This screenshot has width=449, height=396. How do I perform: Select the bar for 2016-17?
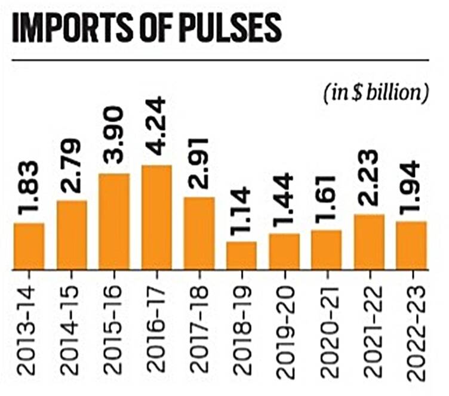156,217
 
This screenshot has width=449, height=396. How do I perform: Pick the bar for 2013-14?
29,246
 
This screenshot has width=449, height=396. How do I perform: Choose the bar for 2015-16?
114,221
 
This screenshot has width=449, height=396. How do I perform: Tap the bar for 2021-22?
369,242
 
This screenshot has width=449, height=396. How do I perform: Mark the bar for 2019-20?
284,251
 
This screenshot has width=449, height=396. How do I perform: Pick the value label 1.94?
411,189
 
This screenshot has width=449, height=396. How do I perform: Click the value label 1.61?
327,198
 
